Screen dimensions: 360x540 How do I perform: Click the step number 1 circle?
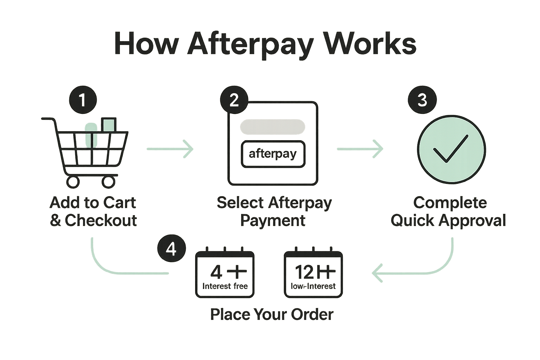[x=83, y=100]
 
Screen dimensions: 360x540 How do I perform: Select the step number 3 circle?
[x=422, y=100]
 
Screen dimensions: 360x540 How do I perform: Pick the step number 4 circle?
[x=171, y=249]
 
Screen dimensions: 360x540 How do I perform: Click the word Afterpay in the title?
[x=250, y=44]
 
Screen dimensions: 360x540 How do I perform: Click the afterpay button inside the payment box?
[x=273, y=154]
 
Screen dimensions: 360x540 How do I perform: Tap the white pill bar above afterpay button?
[x=272, y=127]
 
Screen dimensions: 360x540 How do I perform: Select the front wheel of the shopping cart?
[x=109, y=182]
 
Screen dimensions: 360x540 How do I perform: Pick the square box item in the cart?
[x=109, y=125]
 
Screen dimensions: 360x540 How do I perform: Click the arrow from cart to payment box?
[x=170, y=149]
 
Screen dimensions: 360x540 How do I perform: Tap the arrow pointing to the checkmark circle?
[x=360, y=149]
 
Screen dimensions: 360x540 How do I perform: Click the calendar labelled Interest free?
[x=225, y=274]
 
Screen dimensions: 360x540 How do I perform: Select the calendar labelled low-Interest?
[x=313, y=274]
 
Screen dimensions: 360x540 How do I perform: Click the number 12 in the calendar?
[x=304, y=272]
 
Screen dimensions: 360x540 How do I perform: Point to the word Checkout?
[x=101, y=220]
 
